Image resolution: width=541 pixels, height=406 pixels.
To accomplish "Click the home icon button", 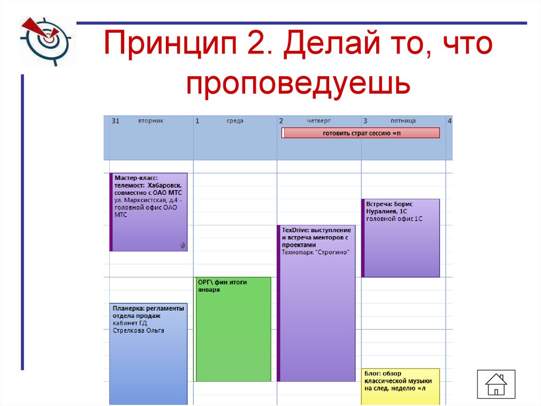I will [x=496, y=384].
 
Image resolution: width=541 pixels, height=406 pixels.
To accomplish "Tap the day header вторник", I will [x=151, y=121].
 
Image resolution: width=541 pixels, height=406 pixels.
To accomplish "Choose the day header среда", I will [x=235, y=121].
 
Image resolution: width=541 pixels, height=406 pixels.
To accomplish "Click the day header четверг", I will [x=319, y=121].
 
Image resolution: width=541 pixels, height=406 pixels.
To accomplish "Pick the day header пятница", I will [x=403, y=121].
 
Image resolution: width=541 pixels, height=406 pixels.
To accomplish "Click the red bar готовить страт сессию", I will [x=361, y=133].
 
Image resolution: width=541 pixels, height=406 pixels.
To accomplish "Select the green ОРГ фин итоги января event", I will [x=233, y=328].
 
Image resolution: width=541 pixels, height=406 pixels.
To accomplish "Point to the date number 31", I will [x=116, y=121].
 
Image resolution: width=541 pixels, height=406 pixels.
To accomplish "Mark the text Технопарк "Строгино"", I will [x=316, y=252].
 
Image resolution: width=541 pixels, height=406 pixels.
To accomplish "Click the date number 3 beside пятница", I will [x=366, y=121].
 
